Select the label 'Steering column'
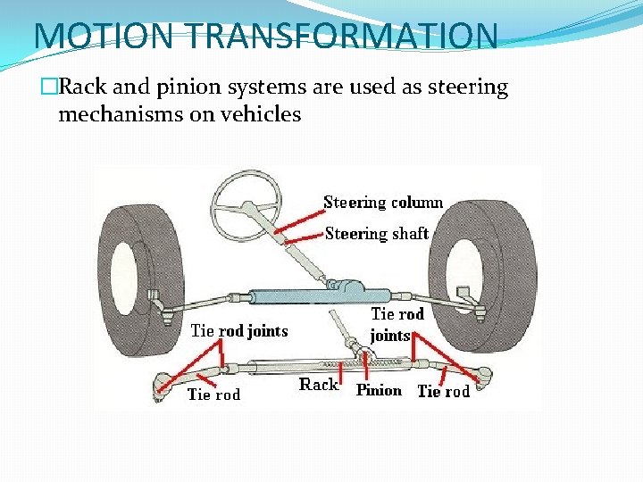(x=383, y=203)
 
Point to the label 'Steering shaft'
(x=376, y=234)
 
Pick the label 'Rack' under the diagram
(x=318, y=385)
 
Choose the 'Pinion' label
(x=379, y=390)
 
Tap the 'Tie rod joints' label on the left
(x=239, y=331)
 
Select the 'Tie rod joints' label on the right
(x=397, y=325)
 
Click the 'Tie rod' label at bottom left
(x=213, y=395)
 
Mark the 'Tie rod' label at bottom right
(x=443, y=392)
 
